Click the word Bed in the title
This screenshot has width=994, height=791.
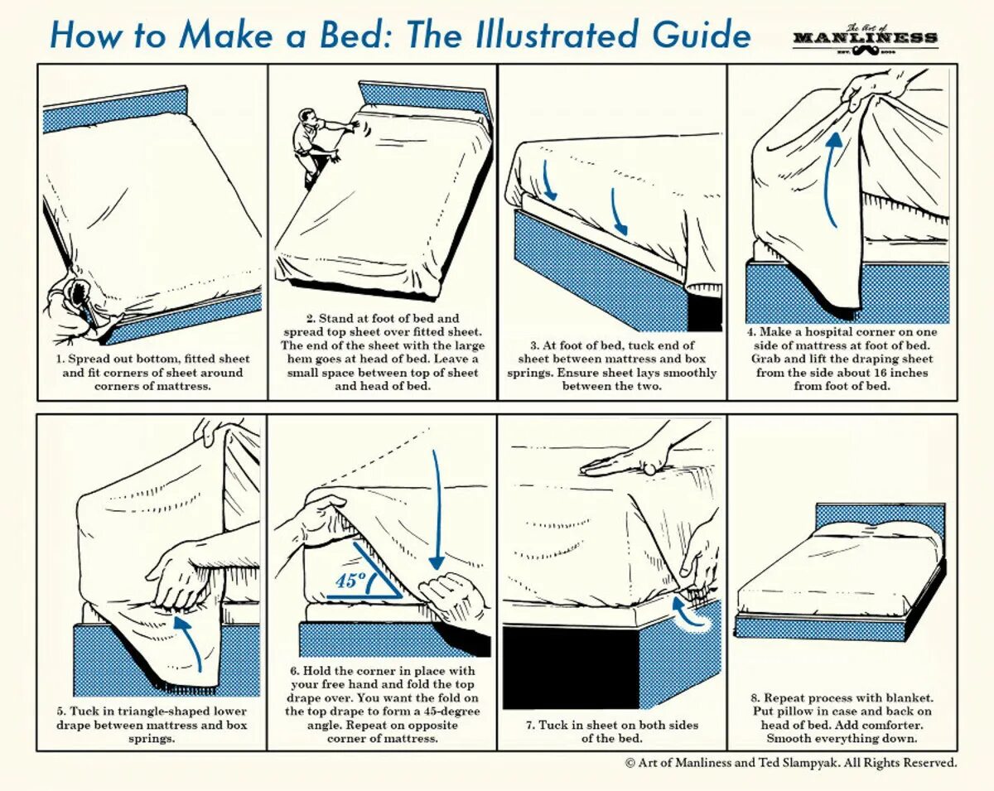pos(359,36)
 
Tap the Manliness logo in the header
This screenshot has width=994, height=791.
pos(865,41)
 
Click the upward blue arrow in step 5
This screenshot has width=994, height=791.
pos(193,642)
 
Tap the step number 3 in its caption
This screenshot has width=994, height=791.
pos(535,345)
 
